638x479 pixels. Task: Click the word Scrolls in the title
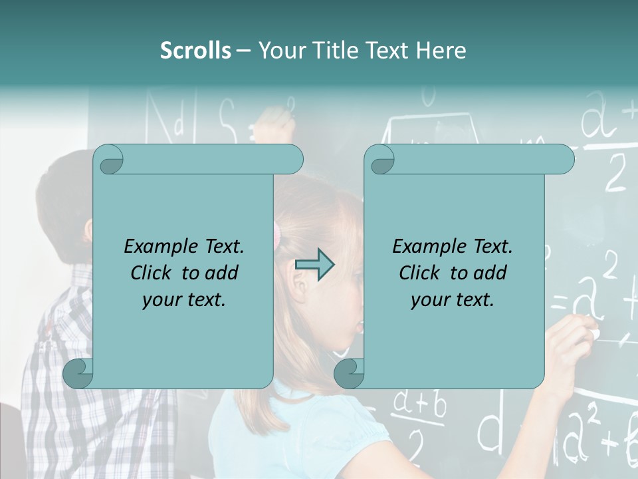pos(195,50)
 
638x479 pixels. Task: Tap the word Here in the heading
pos(441,50)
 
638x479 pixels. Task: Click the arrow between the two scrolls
pos(314,265)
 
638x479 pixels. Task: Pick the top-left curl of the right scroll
pos(379,160)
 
